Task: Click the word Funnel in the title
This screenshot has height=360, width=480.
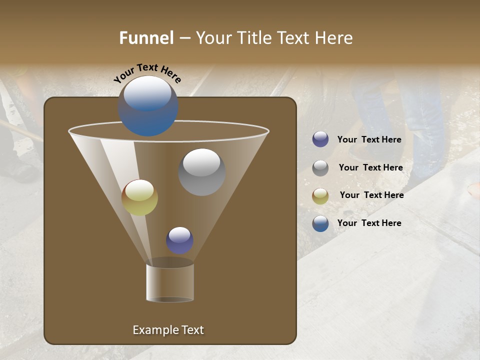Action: tap(146, 38)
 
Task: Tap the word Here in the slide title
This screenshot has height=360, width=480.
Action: tap(333, 38)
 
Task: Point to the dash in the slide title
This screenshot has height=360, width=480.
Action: tap(184, 38)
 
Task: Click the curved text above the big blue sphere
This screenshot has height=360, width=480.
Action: tap(147, 72)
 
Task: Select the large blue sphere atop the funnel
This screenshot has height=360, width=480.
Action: tap(147, 106)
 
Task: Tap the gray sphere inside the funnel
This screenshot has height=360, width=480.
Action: tap(201, 171)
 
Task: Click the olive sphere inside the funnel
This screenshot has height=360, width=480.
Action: tap(139, 197)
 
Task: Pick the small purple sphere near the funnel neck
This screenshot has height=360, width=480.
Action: tap(179, 240)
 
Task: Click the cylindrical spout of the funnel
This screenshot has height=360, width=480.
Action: tap(170, 282)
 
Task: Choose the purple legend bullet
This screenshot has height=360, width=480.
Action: tap(320, 139)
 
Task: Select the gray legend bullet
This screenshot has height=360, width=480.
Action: tap(320, 168)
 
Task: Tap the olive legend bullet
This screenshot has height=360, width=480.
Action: tap(320, 196)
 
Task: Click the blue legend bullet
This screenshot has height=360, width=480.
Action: tap(320, 223)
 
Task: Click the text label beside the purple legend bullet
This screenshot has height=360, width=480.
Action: tap(369, 140)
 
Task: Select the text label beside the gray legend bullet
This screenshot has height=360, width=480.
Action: tap(370, 168)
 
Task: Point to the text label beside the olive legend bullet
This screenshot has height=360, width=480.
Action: tap(371, 195)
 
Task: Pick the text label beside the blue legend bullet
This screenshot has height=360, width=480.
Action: tap(369, 223)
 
